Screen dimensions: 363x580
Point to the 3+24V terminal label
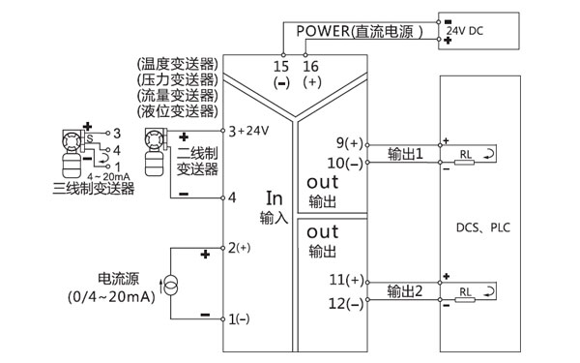click(x=246, y=131)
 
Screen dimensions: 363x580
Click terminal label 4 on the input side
click(x=232, y=197)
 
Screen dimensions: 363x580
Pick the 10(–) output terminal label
click(x=345, y=162)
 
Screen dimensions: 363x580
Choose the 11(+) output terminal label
click(x=345, y=281)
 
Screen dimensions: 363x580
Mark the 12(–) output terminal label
click(x=345, y=303)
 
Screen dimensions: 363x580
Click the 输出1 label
click(x=406, y=154)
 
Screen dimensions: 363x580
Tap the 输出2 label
click(x=406, y=290)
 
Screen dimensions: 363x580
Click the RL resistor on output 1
click(x=466, y=155)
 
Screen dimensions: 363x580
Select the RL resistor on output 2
click(x=466, y=291)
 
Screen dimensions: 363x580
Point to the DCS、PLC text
click(x=482, y=229)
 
